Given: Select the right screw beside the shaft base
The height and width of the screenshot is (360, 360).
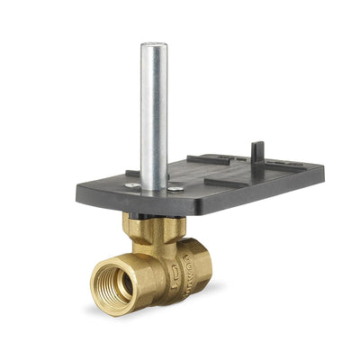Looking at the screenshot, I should (x=176, y=188).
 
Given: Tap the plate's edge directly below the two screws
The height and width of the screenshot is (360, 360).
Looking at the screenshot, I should (x=155, y=206).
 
